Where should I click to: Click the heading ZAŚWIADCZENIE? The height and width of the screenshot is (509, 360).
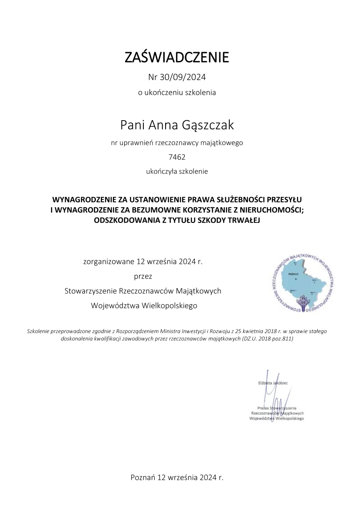[177, 57]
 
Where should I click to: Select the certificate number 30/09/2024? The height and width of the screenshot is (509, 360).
[182, 78]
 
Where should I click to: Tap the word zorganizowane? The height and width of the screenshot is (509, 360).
[109, 262]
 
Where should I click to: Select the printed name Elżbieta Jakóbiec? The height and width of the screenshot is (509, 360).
[272, 383]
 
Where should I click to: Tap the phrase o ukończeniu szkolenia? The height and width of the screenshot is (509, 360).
[177, 92]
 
